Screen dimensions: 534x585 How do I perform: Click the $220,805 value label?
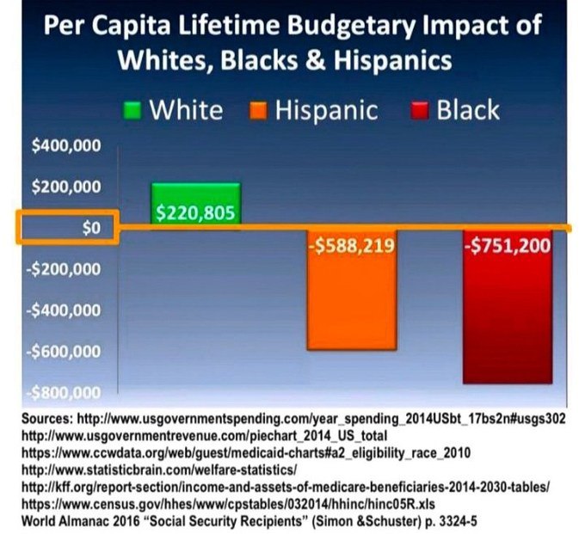click(x=195, y=213)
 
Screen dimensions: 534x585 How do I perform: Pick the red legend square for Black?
click(x=419, y=111)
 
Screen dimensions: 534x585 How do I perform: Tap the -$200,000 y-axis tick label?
click(x=65, y=269)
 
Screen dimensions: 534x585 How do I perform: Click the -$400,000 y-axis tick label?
click(x=65, y=310)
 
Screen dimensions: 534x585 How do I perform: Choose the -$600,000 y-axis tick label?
click(x=65, y=352)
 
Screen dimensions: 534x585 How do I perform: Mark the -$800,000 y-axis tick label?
click(x=65, y=393)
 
